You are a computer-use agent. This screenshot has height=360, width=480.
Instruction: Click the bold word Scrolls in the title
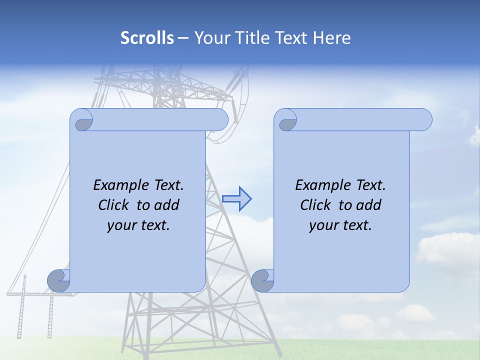[147, 38]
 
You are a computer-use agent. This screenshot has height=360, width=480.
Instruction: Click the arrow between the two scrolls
[236, 199]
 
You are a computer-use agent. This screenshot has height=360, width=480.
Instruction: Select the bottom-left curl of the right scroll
[263, 281]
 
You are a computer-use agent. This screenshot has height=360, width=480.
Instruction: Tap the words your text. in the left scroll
[138, 225]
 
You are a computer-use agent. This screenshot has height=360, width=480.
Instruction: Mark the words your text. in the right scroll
[340, 225]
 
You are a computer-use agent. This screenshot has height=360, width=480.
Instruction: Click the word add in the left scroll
[167, 205]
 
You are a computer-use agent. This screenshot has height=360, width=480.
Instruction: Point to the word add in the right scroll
[369, 205]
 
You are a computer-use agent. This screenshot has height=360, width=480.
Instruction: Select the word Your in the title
[208, 38]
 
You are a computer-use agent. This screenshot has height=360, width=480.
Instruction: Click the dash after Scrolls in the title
[183, 38]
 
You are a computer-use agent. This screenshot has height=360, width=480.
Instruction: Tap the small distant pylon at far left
[22, 305]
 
